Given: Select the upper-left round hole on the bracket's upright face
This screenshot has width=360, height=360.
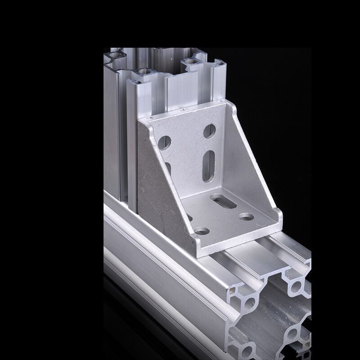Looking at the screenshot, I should [165, 142].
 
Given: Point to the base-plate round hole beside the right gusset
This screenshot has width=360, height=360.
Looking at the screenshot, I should [246, 217].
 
